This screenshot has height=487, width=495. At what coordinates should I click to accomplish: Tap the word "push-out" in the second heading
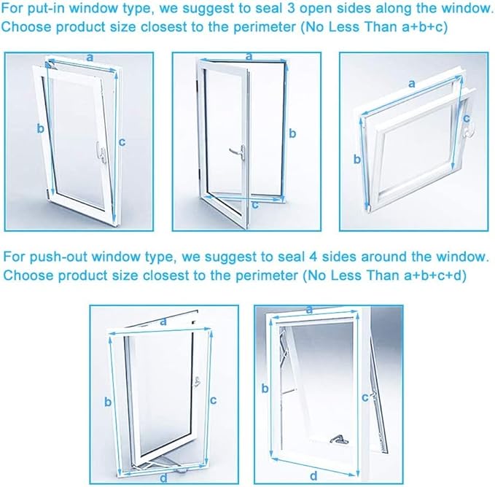point(58,257)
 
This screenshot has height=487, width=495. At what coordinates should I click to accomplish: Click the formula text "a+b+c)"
point(424,27)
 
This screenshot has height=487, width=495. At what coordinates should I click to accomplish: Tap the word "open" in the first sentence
point(316,9)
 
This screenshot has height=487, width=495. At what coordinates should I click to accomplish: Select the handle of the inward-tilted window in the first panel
point(101,152)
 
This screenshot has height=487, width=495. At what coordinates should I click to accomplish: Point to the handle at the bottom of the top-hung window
point(339,440)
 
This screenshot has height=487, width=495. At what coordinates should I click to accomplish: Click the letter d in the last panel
point(313,475)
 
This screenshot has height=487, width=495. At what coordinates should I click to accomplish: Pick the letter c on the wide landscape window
point(467,118)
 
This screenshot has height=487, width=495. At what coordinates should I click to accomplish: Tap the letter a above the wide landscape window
point(411,84)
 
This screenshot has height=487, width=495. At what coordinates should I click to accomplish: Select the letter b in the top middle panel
point(292,133)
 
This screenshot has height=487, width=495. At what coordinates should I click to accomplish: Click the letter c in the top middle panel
point(255,205)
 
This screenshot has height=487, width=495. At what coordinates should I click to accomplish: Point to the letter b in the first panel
point(40,128)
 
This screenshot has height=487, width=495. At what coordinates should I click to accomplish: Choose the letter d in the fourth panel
point(163,478)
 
